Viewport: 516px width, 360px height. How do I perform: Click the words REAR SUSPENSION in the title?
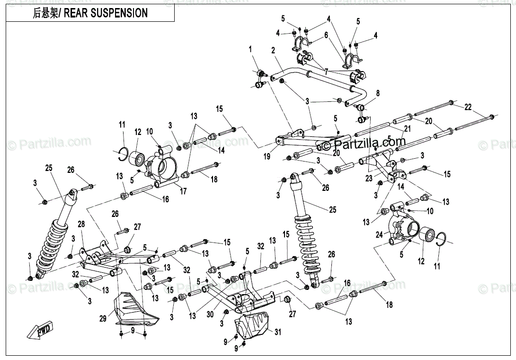click(x=106, y=13)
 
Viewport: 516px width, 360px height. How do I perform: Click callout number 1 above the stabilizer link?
click(x=251, y=49)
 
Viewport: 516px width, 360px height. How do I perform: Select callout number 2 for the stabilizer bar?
click(x=273, y=51)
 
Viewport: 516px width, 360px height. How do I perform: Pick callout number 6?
click(x=326, y=35)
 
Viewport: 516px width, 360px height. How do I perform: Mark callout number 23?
click(x=369, y=179)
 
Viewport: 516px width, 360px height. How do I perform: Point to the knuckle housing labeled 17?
click(x=161, y=166)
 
